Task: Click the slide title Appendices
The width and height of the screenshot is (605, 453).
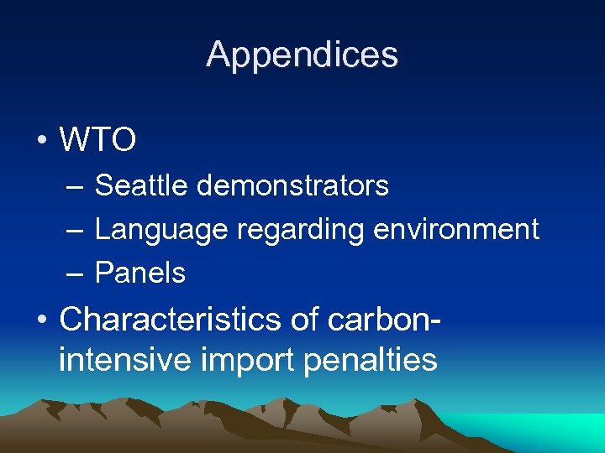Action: click(x=302, y=55)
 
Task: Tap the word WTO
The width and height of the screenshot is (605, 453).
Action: click(x=97, y=141)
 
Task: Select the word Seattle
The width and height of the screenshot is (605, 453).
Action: click(x=141, y=185)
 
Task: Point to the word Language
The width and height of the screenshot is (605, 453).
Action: click(x=161, y=229)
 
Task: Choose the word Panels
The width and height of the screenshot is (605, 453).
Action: click(x=140, y=273)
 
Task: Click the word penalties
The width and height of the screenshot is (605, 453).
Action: click(x=371, y=359)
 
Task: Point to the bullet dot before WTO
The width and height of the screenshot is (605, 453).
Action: click(x=41, y=141)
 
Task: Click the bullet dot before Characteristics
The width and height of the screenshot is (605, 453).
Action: click(x=41, y=320)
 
